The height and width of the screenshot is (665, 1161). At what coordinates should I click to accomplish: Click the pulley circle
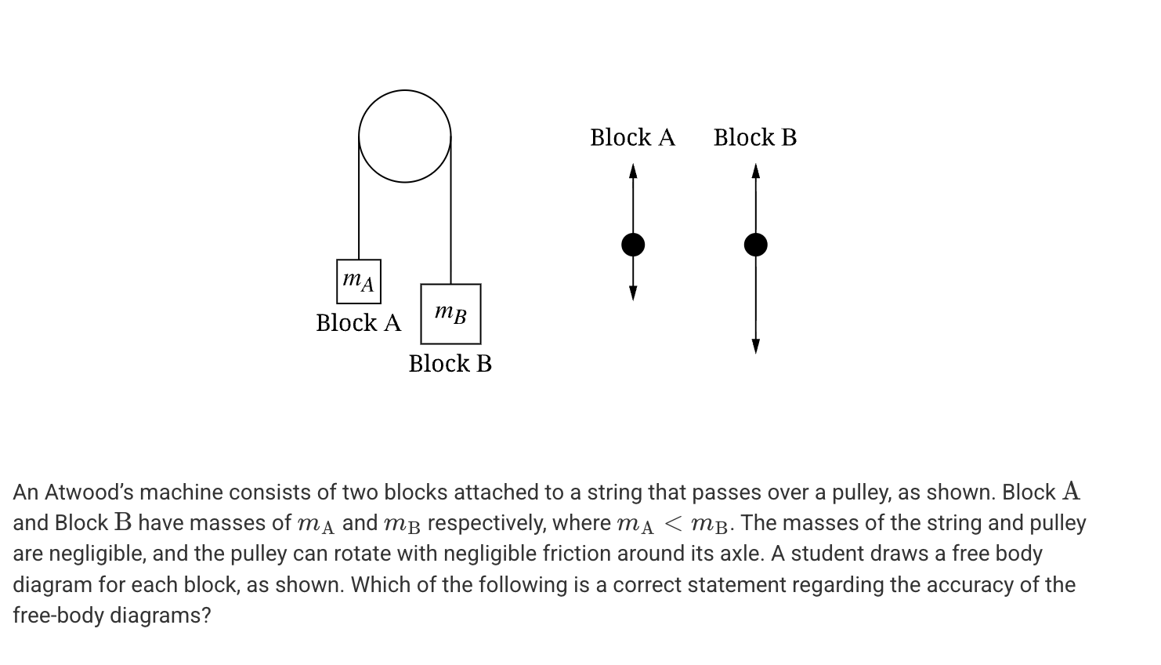point(404,136)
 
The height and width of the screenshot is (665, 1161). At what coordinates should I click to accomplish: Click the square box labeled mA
point(359,282)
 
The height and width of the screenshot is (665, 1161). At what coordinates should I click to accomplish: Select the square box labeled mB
point(450,314)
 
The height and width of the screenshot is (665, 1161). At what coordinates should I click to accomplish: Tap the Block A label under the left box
point(358,322)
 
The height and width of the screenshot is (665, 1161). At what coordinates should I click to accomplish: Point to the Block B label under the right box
point(450,363)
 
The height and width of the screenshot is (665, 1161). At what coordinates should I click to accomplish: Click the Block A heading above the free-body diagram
point(632,137)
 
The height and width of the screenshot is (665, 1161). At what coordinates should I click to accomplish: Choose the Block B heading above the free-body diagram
point(754,137)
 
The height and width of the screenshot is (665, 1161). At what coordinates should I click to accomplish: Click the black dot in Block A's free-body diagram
point(633,245)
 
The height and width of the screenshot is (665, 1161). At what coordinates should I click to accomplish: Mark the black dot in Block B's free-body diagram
point(755,245)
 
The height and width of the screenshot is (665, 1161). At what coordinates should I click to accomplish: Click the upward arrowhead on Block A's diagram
point(633,170)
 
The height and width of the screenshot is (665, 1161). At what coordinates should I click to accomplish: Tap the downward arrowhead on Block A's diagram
point(633,293)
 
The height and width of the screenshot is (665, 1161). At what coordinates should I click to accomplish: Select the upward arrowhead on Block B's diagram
point(755,170)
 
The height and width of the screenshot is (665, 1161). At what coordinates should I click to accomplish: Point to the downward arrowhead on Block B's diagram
point(755,346)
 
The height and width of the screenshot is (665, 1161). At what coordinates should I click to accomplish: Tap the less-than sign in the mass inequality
point(672,523)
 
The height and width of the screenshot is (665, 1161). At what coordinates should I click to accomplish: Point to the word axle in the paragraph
point(742,554)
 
